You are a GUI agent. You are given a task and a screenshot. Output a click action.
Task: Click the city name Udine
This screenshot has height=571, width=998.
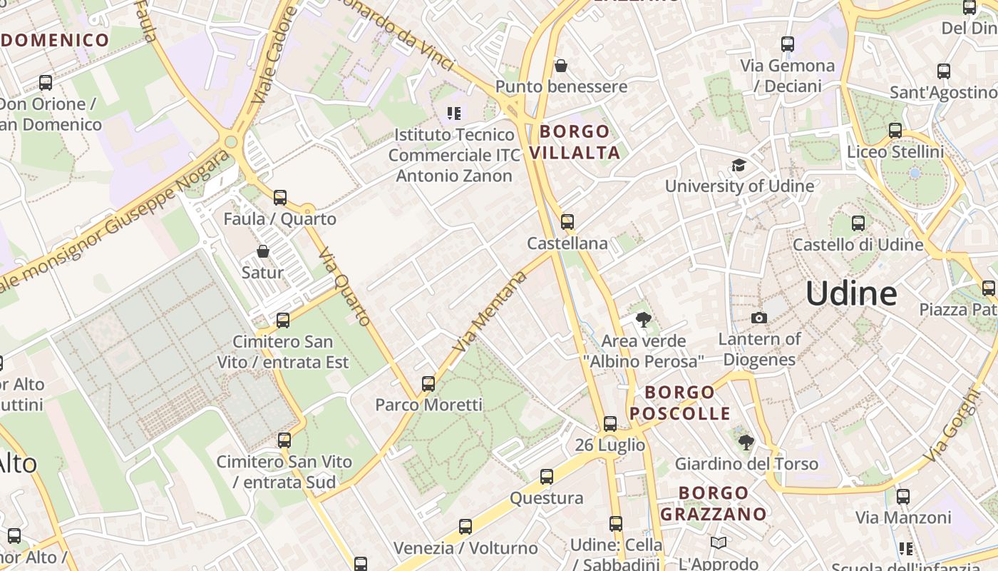[851, 293]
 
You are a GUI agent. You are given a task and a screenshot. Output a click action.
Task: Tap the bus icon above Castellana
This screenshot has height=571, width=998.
[567, 221]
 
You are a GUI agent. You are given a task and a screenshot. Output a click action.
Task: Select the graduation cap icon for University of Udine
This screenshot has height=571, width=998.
[739, 166]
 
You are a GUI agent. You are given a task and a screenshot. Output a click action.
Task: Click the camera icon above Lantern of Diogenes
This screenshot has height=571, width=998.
[759, 318]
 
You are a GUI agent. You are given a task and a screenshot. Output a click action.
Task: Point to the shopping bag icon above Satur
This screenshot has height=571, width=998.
[263, 251]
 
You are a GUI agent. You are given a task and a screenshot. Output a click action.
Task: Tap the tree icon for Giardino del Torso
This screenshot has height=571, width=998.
[746, 443]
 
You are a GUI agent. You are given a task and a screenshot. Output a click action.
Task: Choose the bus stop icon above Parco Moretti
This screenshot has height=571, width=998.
[428, 384]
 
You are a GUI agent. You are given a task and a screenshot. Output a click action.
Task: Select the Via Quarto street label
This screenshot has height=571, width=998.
[345, 286]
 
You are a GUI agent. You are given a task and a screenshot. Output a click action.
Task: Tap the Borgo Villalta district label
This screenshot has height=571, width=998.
[575, 141]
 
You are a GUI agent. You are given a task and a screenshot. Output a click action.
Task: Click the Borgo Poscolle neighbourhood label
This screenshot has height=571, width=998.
[679, 403]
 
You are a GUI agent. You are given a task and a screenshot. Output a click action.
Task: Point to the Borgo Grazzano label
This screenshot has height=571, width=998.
[713, 503]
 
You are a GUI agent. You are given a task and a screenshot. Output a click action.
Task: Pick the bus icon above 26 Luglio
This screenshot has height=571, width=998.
[610, 424]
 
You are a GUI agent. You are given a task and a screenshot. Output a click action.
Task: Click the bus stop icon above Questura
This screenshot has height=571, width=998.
[547, 477]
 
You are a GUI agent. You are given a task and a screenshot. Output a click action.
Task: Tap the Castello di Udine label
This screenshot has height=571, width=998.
[858, 245]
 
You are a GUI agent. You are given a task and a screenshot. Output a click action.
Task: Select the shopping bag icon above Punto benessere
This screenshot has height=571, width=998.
[561, 66]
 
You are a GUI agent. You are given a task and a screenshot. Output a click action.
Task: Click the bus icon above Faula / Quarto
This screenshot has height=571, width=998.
[280, 198]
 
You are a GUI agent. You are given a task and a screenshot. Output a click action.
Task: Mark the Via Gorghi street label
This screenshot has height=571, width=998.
[952, 424]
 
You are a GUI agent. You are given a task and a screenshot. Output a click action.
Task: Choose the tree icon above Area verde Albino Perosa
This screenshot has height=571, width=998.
[644, 320]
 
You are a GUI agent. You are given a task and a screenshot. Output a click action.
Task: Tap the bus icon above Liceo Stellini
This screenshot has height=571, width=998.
[895, 131]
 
